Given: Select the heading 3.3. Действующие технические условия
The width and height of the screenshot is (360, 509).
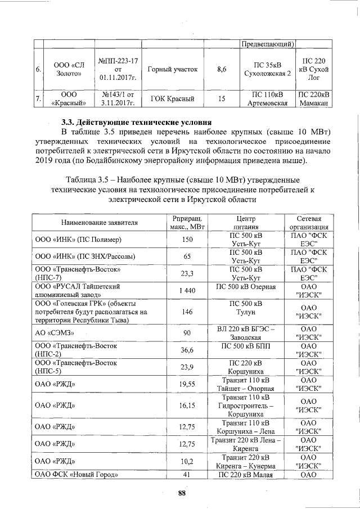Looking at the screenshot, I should [136, 122].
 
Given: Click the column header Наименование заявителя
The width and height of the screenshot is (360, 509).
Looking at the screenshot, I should [96, 223].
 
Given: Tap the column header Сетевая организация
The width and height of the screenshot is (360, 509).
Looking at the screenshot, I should [310, 223].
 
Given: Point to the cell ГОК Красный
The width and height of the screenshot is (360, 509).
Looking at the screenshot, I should [172, 99].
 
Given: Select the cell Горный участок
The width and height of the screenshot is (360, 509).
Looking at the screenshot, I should [172, 69].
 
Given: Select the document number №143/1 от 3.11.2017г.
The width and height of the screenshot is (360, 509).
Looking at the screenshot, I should [119, 99].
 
